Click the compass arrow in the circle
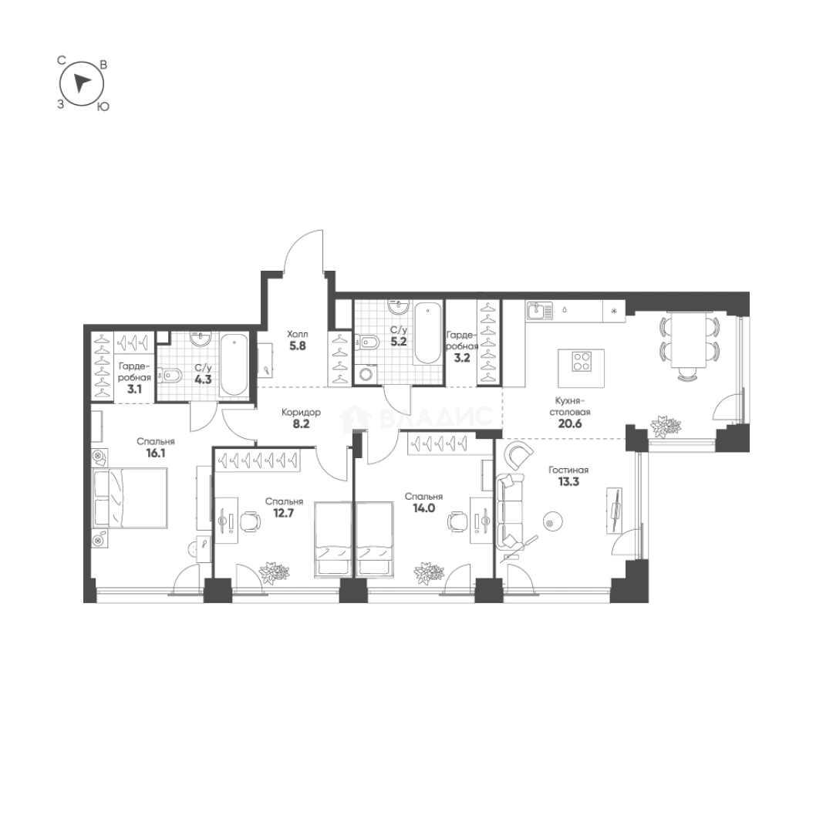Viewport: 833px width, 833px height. [81, 83]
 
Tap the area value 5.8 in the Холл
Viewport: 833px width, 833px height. [298, 346]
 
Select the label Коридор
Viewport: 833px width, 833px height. [302, 412]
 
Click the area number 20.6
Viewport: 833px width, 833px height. [570, 424]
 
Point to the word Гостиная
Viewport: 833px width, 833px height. [568, 470]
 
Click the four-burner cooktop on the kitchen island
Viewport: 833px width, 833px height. [582, 361]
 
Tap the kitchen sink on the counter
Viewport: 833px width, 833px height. [540, 310]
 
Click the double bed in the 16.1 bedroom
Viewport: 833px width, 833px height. [130, 497]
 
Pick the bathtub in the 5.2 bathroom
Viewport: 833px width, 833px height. [427, 333]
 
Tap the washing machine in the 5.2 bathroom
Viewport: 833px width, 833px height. [366, 375]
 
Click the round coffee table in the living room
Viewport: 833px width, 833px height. [550, 523]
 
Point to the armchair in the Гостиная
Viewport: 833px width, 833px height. [519, 455]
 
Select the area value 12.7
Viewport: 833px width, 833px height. [284, 513]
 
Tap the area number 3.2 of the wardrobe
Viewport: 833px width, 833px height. [462, 358]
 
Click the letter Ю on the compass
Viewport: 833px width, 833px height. [103, 106]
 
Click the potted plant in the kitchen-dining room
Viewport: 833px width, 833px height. [665, 426]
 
